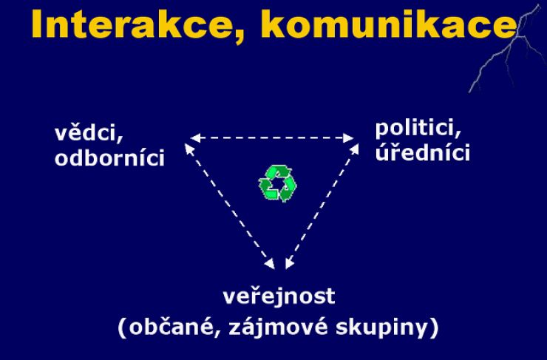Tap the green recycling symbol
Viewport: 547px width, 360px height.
click(277, 184)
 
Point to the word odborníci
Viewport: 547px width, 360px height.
click(109, 158)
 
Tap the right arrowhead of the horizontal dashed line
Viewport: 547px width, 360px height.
click(350, 137)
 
